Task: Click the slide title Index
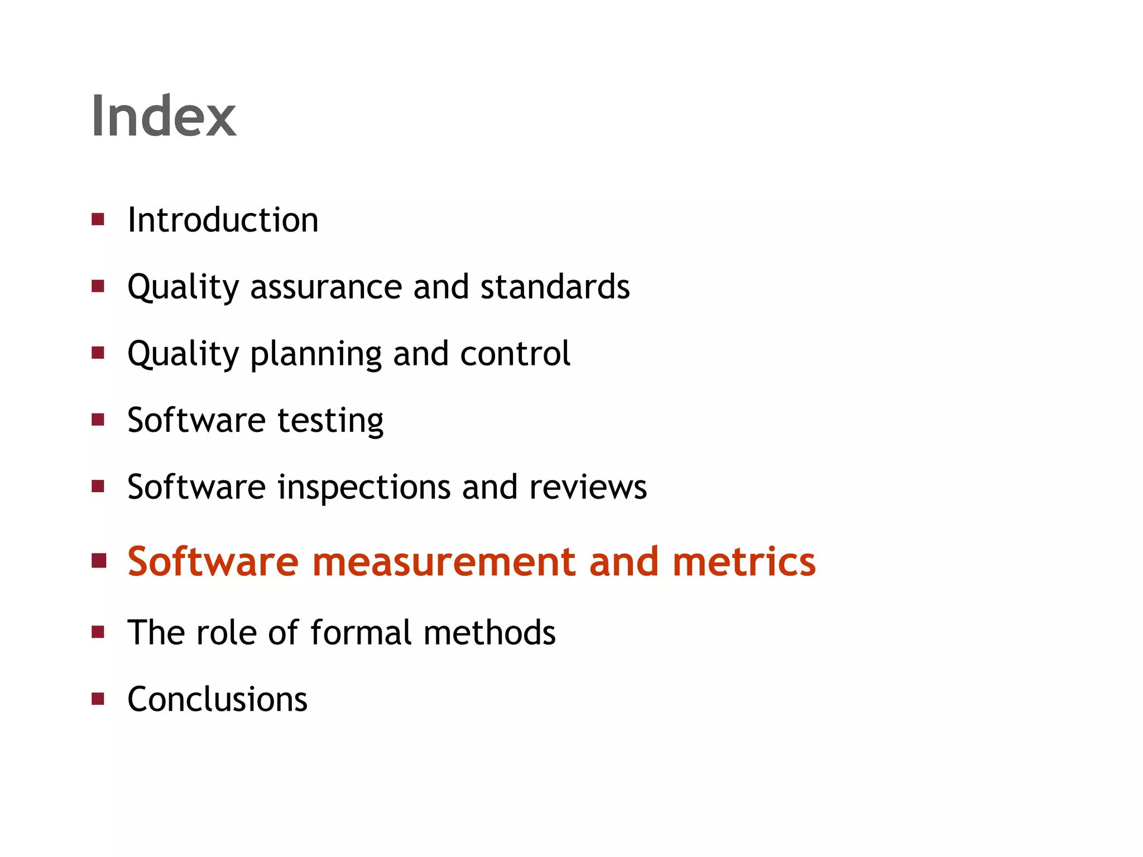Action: click(x=164, y=115)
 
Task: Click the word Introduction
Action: click(x=223, y=220)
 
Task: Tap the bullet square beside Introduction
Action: click(x=98, y=219)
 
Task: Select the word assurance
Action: click(x=326, y=287)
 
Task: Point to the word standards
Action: click(x=555, y=287)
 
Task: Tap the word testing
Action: click(x=330, y=421)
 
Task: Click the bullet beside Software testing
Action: click(x=98, y=420)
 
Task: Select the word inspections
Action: click(x=363, y=488)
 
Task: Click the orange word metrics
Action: click(x=743, y=561)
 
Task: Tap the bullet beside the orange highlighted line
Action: click(x=99, y=561)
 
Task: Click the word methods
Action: click(x=489, y=632)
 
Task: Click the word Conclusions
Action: click(x=217, y=699)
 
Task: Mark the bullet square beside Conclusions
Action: click(x=98, y=699)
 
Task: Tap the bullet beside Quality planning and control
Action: click(x=98, y=353)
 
